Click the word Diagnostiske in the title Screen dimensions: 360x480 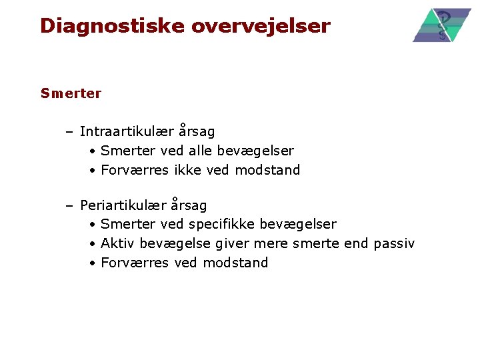pyautogui.click(x=112, y=26)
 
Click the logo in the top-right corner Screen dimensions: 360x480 pyautogui.click(x=441, y=25)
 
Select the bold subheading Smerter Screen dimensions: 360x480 pyautogui.click(x=71, y=93)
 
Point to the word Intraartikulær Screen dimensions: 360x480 pyautogui.click(x=127, y=132)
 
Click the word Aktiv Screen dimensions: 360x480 pyautogui.click(x=117, y=243)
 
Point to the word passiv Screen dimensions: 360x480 pyautogui.click(x=394, y=243)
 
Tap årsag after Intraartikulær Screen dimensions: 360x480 pyautogui.click(x=197, y=132)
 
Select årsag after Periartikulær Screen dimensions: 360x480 pyautogui.click(x=189, y=205)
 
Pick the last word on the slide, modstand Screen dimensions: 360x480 pyautogui.click(x=235, y=263)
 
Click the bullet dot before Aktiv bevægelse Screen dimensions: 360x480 pyautogui.click(x=93, y=244)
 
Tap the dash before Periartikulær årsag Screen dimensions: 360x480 pyautogui.click(x=69, y=205)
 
